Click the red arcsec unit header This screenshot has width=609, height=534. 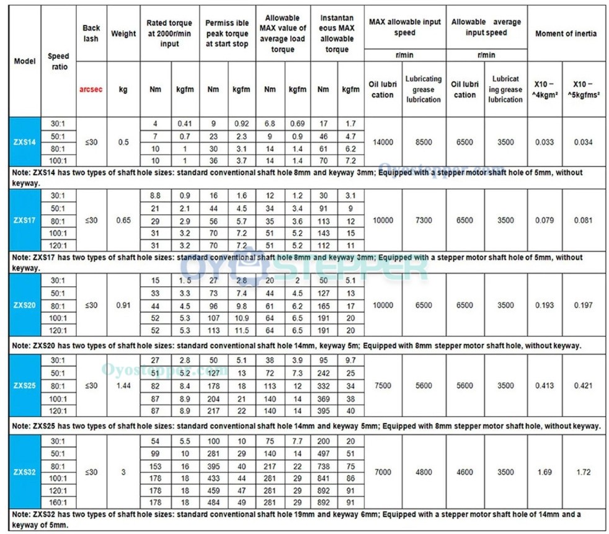coord(90,89)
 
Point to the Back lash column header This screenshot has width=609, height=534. coord(91,33)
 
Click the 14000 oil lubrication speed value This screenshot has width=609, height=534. coord(383,142)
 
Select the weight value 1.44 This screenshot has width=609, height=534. coord(123,385)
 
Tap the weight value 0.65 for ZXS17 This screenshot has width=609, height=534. coord(123,221)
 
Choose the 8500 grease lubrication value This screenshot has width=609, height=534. coord(424,142)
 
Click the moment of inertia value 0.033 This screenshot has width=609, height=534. coord(545,142)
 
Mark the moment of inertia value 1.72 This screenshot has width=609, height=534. coord(583,472)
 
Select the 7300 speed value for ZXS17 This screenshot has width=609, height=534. coord(424,221)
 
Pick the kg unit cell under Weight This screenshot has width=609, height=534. coord(123,89)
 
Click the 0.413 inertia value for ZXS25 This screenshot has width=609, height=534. coord(545,385)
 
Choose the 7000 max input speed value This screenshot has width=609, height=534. coord(383,472)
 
